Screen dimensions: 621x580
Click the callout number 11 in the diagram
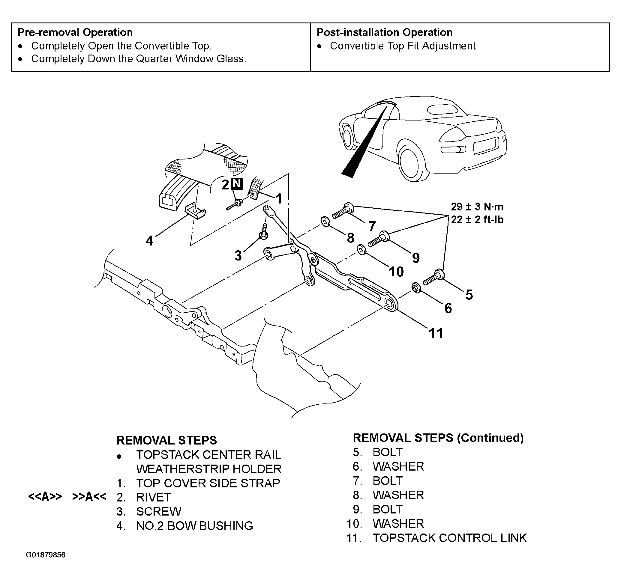tap(436, 333)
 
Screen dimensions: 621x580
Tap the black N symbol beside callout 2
tap(237, 184)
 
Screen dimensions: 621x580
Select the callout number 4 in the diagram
tap(149, 241)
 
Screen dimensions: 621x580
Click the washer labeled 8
tap(326, 222)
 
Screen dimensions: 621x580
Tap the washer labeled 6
tap(416, 287)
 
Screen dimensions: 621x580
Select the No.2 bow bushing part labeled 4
tap(196, 211)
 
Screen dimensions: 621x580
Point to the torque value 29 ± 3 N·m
tap(477, 207)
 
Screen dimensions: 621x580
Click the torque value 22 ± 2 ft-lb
tap(477, 220)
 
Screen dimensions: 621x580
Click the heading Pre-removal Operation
tap(75, 32)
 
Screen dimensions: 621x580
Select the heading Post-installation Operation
tap(385, 32)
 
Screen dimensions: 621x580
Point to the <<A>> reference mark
tap(45, 496)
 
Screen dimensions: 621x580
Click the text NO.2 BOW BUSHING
tap(195, 526)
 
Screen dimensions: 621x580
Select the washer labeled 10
tap(362, 250)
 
